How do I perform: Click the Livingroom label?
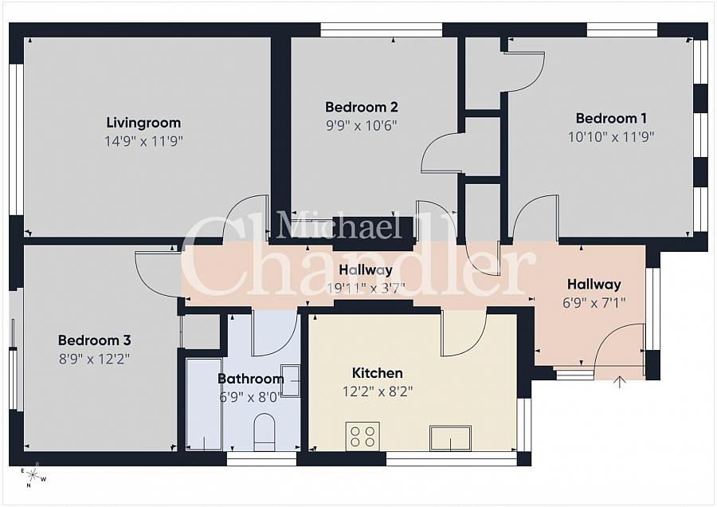143,123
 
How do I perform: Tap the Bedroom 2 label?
361,107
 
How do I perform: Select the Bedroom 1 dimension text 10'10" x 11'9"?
611,136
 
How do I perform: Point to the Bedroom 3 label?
94,340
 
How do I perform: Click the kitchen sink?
449,438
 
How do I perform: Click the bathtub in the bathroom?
203,403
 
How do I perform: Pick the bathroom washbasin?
290,379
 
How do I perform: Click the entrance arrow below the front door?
620,383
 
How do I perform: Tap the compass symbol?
33,476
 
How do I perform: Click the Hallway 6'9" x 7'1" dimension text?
594,302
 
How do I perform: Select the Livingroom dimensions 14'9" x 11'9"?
143,141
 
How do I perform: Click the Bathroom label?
250,379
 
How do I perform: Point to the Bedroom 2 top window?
381,30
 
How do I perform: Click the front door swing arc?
617,343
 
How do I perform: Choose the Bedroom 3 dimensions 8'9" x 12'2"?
94,359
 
